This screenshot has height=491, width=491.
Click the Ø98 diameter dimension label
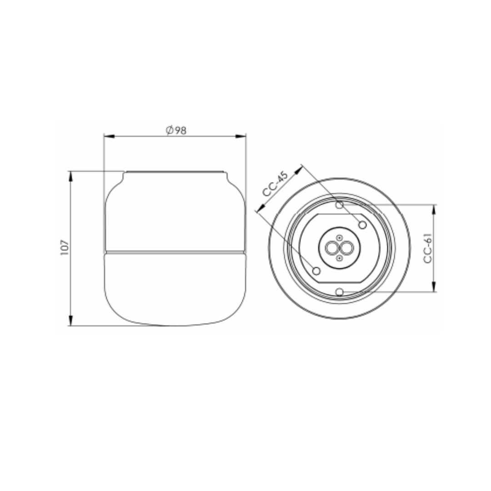coord(176,130)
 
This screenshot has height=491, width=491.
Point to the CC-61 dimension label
coord(428,248)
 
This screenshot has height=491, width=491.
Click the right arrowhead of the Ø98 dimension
coord(240,136)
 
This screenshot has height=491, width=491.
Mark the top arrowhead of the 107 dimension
coord(70,176)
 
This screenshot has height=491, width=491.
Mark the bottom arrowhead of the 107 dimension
coord(70,321)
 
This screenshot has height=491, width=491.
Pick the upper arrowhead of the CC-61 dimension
coord(434,210)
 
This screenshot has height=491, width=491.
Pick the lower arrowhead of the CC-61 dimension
coord(434,286)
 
